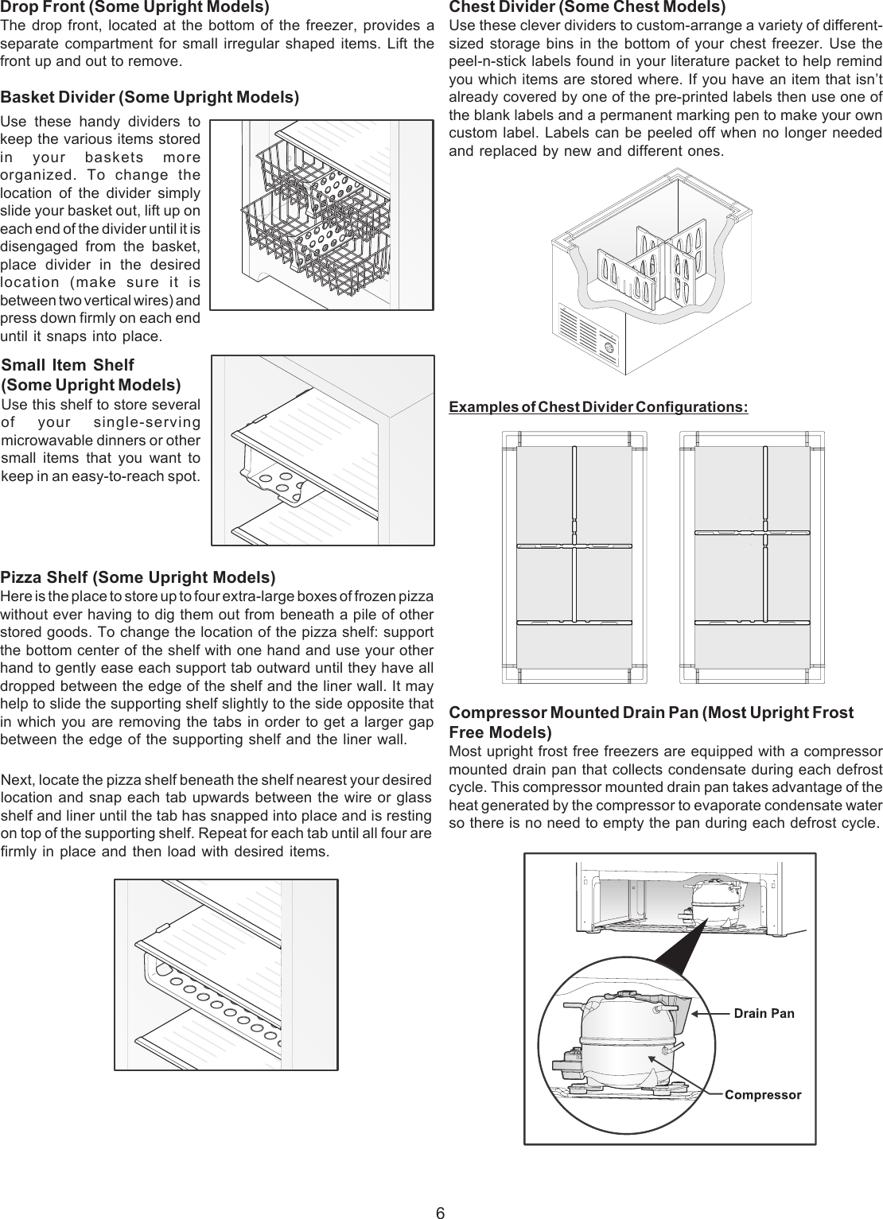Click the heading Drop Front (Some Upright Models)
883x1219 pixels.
click(134, 8)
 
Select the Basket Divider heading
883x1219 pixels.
click(150, 98)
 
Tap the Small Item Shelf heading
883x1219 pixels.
click(91, 375)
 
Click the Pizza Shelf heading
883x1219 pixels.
click(138, 577)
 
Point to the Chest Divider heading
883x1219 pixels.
click(587, 8)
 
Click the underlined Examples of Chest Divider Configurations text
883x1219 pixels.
click(598, 408)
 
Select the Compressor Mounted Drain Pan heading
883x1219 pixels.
click(651, 721)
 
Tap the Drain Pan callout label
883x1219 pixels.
click(763, 1013)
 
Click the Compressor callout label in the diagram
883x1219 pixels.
click(763, 1095)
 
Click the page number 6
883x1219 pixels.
click(440, 1213)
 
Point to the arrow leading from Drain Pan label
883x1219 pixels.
click(708, 1014)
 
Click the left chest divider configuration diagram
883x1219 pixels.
click(574, 557)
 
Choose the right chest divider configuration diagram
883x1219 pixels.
click(752, 557)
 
